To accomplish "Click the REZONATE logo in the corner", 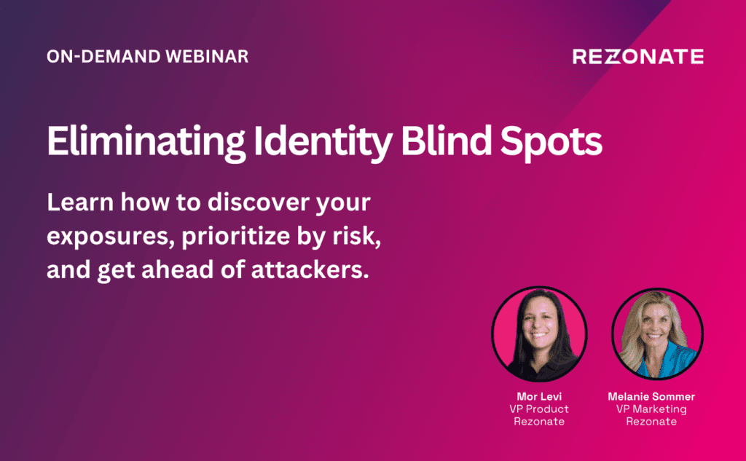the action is [x=638, y=56].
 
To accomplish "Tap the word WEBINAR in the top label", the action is [x=207, y=56].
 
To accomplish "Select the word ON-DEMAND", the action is [x=103, y=56].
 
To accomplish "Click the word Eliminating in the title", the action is [x=146, y=141].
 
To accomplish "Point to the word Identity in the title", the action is [x=323, y=141].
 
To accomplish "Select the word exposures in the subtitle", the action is [x=111, y=237].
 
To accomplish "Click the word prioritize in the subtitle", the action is [x=236, y=236].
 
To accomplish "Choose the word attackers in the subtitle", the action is [x=310, y=269].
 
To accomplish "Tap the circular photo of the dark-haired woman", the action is [x=539, y=334].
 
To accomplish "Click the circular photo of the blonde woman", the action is [x=658, y=334].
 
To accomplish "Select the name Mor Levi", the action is [x=539, y=396].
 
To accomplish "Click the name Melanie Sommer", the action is [x=651, y=396].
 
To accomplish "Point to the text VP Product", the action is [x=539, y=409].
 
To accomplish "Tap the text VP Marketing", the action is [x=651, y=409].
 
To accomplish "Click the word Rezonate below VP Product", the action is [x=539, y=421].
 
